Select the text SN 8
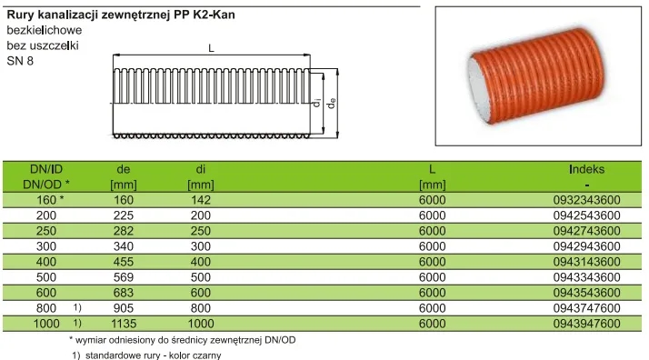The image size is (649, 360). pyautogui.click(x=20, y=61)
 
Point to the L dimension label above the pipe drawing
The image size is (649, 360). pyautogui.click(x=211, y=48)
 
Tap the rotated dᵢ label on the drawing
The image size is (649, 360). pyautogui.click(x=317, y=102)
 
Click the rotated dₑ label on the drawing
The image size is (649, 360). pyautogui.click(x=331, y=103)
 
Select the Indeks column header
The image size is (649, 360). pyautogui.click(x=586, y=169)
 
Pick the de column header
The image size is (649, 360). pyautogui.click(x=124, y=169)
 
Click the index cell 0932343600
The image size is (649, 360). pyautogui.click(x=586, y=200)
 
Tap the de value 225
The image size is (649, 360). pyautogui.click(x=124, y=215)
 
